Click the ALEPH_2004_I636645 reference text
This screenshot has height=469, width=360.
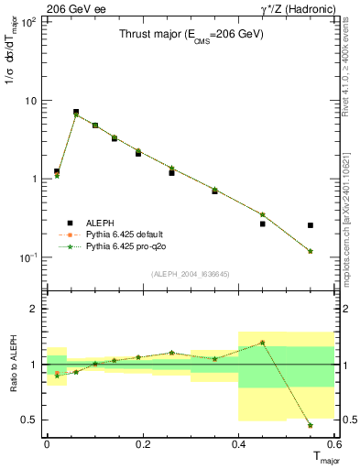[x=191, y=274]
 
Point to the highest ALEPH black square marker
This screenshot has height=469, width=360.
[x=76, y=112]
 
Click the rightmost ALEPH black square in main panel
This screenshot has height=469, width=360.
[x=311, y=225]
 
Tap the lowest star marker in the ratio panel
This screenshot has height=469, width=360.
[x=311, y=425]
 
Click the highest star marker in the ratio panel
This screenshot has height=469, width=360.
[x=263, y=343]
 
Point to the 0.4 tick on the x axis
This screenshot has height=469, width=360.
[x=238, y=444]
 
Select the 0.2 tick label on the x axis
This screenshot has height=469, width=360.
[x=142, y=444]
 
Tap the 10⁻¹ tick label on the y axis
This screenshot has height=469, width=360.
[x=27, y=258]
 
